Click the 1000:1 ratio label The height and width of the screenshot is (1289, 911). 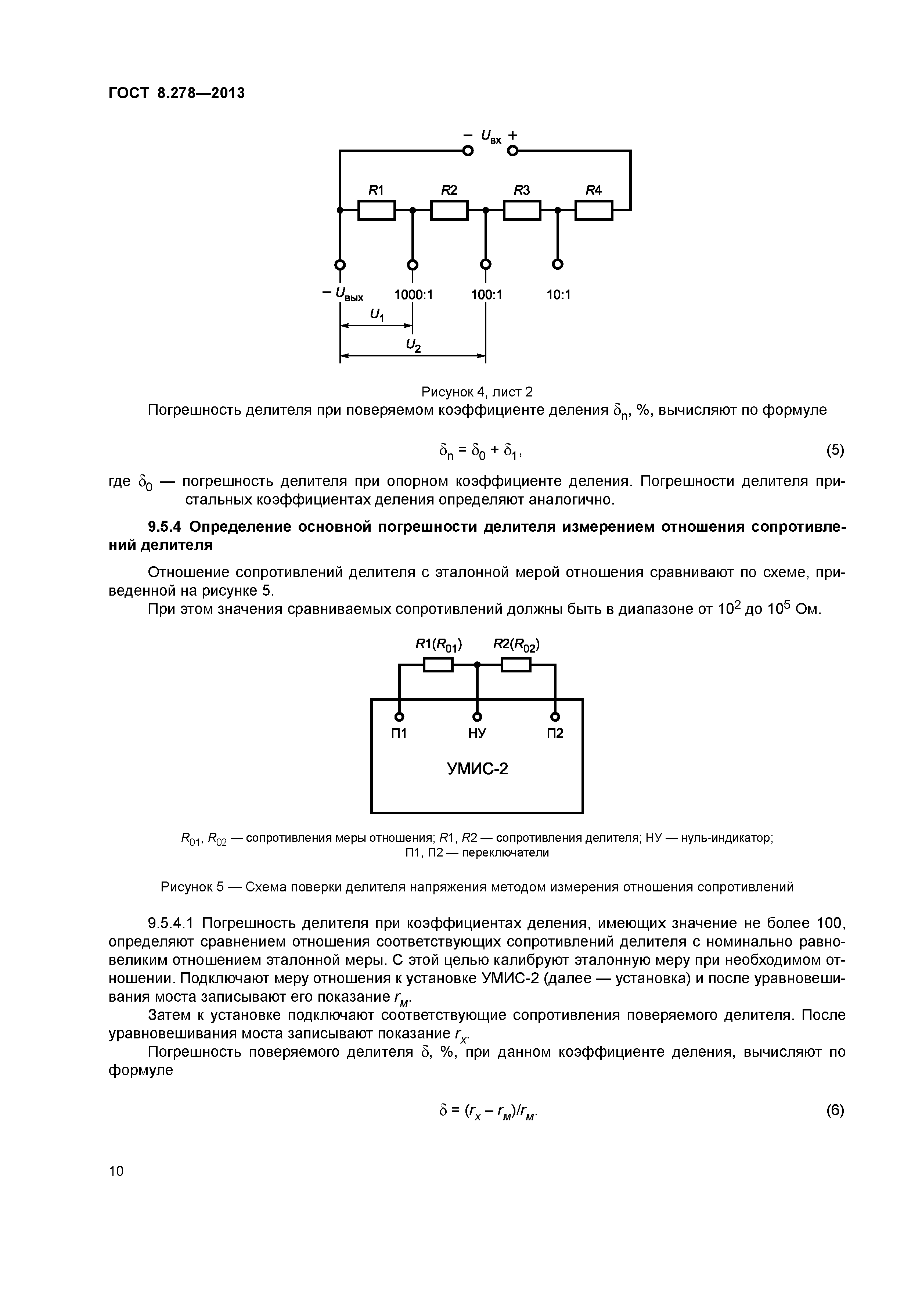tap(414, 295)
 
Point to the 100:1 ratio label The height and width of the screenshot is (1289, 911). tap(487, 295)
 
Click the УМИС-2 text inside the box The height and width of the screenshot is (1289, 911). tap(477, 769)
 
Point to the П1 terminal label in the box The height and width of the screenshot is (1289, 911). tap(399, 733)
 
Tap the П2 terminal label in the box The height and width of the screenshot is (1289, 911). tap(555, 733)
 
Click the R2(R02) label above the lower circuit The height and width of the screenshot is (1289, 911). tap(516, 646)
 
